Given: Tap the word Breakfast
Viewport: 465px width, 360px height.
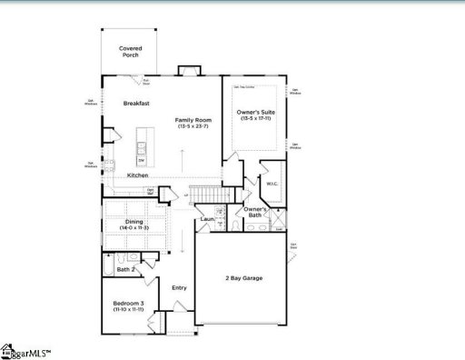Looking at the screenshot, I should (x=136, y=104).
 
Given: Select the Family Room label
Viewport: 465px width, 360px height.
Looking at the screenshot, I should (x=193, y=120).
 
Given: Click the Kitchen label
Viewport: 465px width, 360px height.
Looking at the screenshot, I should (x=138, y=175).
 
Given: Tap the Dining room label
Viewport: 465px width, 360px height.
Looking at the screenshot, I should (x=134, y=222).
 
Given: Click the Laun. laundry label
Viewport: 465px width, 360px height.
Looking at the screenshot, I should (x=207, y=219).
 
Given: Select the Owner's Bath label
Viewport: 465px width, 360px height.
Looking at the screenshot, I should (x=255, y=213).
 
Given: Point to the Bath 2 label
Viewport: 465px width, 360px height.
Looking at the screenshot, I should (x=126, y=269).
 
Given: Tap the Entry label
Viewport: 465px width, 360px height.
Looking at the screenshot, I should (x=179, y=288).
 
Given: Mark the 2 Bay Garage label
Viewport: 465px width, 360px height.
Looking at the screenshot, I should (x=243, y=277).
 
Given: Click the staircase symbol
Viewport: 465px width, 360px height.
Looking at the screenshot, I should (x=211, y=195).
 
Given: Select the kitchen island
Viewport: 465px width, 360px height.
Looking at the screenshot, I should (x=142, y=145).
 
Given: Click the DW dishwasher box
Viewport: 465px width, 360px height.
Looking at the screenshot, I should (x=142, y=160).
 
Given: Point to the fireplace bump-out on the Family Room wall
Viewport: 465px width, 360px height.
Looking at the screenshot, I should (x=187, y=71).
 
